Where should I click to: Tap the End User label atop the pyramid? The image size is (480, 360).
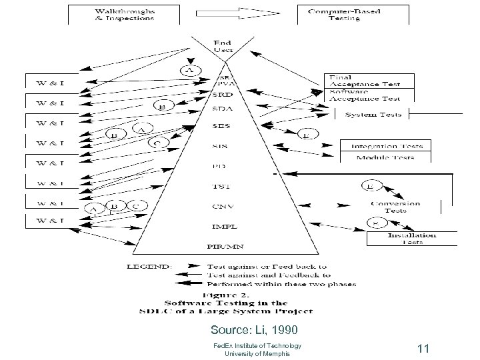tap(223, 46)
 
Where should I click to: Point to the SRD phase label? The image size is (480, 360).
tap(222, 94)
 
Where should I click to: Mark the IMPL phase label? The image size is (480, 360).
tap(222, 226)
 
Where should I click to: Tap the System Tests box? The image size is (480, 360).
tap(373, 115)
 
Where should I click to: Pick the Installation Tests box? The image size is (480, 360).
tap(411, 238)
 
